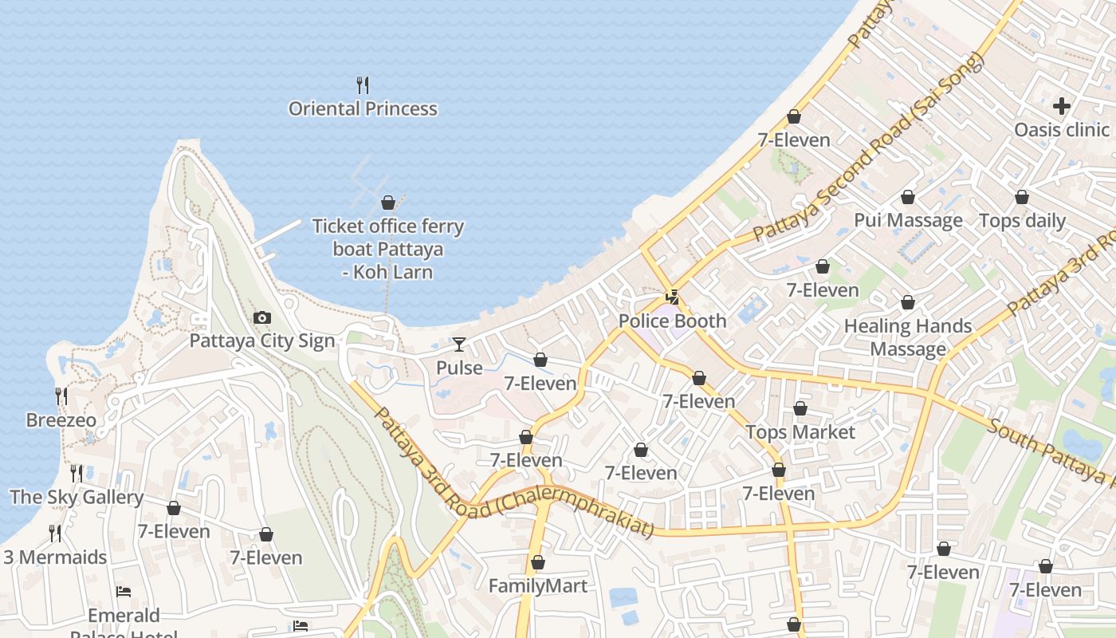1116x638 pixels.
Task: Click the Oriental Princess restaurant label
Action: coord(363,109)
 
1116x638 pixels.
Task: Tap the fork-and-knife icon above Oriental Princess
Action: coord(363,85)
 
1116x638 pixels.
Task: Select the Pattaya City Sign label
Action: coord(261,341)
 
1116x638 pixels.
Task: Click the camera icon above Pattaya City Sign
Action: coord(261,318)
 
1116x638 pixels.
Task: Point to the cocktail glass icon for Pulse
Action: coord(459,345)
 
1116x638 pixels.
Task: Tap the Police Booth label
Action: coord(673,321)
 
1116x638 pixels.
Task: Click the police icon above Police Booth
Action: coord(673,297)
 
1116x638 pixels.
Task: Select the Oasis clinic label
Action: coord(1061,130)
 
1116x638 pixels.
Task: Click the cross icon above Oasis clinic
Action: coord(1061,105)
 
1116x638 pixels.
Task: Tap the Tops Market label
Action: coord(800,432)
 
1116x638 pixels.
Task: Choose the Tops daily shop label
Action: coord(1021,221)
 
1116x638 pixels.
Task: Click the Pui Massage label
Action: coord(908,221)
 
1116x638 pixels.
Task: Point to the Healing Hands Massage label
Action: coord(908,337)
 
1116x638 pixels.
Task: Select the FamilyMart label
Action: coord(537,586)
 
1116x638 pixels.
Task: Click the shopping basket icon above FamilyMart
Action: coord(537,562)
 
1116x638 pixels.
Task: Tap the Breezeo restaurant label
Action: coord(61,420)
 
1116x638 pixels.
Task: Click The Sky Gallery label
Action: coord(77,498)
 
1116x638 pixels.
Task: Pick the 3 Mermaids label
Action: coord(55,557)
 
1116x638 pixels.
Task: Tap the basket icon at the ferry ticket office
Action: coord(388,203)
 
